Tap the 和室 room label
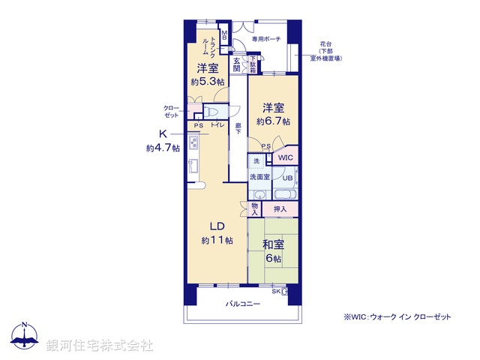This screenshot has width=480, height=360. tap(273, 244)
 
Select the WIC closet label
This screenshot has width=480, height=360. tap(285, 158)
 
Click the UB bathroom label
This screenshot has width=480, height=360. tap(288, 178)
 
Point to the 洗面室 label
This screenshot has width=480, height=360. tap(259, 177)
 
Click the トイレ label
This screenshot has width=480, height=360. tap(218, 125)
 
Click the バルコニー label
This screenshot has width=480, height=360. tap(243, 304)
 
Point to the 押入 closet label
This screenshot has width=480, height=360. tap(280, 209)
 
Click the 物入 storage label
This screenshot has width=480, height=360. tap(255, 209)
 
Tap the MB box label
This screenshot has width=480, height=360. tap(223, 34)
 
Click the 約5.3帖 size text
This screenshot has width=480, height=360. tap(206, 82)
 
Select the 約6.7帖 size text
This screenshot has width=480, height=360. tap(273, 121)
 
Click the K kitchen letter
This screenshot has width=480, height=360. tap(162, 134)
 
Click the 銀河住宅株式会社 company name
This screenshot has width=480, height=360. tap(100, 345)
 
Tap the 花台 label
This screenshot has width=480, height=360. tap(325, 44)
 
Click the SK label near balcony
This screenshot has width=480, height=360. tap(276, 291)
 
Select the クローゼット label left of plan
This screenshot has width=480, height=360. tap(172, 112)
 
